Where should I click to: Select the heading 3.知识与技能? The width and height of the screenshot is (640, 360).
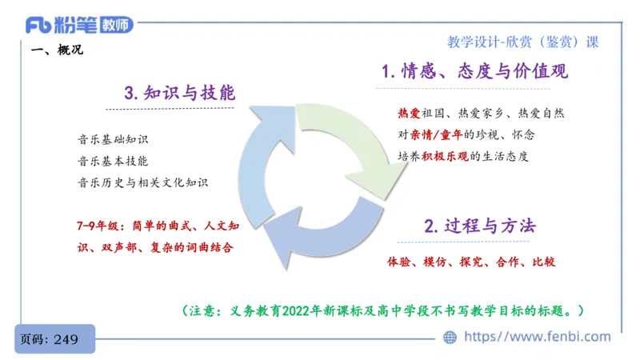(x=180, y=93)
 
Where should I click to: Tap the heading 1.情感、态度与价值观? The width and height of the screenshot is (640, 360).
(x=474, y=71)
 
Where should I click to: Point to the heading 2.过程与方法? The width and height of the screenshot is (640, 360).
(x=479, y=225)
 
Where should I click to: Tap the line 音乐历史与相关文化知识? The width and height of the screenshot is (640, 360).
(x=143, y=182)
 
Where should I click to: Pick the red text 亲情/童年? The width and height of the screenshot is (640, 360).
(x=438, y=134)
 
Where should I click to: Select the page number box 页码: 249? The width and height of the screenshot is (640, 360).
(x=54, y=339)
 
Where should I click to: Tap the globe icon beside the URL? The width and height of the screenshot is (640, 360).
(x=450, y=338)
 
